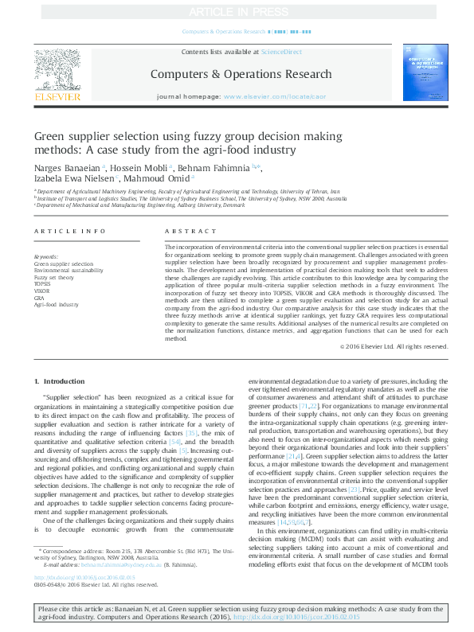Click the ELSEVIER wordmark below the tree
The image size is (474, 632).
tap(57, 97)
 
